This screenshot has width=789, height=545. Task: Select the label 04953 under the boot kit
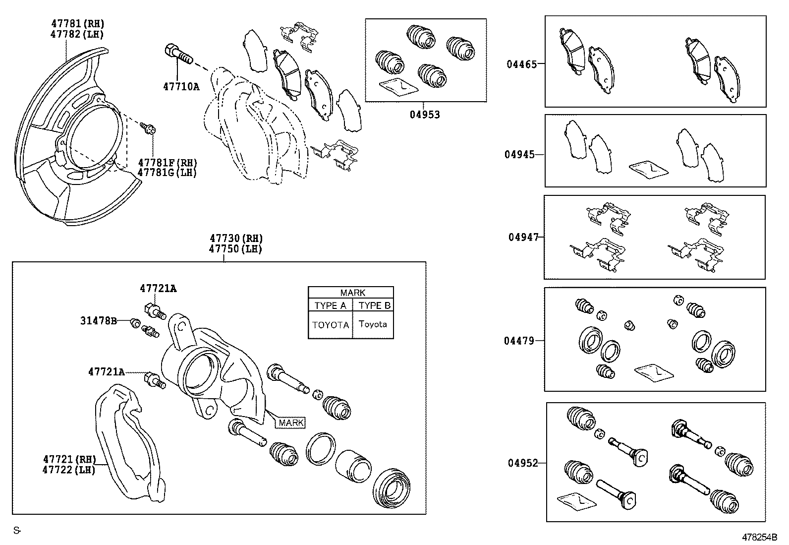(425, 115)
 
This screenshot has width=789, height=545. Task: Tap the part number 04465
(521, 64)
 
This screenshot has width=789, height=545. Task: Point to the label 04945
(520, 154)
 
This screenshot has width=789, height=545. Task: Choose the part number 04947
(523, 237)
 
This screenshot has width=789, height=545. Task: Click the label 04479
(519, 341)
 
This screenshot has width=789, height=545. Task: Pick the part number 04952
(522, 463)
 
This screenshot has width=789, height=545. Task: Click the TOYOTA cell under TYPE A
(330, 325)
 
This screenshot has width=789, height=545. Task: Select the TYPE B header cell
(375, 305)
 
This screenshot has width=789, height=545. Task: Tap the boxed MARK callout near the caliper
(291, 423)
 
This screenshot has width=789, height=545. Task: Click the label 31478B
(98, 321)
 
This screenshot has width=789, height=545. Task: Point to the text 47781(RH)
(78, 23)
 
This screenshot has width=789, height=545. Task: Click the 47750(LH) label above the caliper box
(235, 249)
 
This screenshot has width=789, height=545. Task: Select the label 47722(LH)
(69, 469)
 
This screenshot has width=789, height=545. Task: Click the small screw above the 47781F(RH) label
(148, 129)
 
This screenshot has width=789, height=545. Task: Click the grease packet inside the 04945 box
(648, 169)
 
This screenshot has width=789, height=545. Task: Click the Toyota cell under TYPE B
(373, 324)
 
